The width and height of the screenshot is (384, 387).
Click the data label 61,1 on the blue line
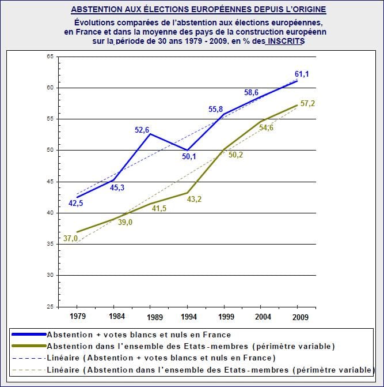303,74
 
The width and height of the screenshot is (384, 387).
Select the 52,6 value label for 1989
142,130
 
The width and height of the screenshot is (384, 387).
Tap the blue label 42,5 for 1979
75,203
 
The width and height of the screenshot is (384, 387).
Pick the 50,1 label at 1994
189,156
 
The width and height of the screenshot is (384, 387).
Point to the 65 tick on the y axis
50,57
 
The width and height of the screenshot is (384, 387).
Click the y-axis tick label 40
50,213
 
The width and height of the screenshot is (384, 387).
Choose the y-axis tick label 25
50,306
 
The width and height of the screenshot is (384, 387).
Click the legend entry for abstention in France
138,335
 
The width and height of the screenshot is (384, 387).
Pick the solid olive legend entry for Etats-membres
190,346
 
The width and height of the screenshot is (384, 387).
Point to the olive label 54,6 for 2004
266,127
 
